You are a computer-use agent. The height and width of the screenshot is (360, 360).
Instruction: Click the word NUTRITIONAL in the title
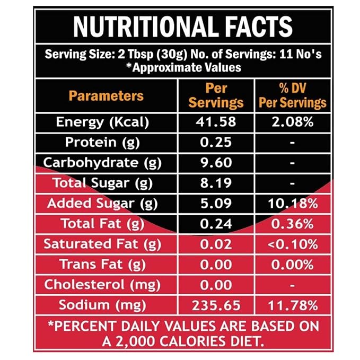[146, 27]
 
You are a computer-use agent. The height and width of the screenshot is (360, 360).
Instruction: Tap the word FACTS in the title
[258, 27]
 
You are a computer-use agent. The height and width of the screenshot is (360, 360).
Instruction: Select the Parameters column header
[106, 96]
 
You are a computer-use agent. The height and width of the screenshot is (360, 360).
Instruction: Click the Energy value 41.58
[216, 122]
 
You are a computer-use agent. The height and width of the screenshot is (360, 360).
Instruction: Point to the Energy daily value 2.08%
[293, 122]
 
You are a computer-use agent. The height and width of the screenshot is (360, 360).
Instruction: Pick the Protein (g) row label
[102, 142]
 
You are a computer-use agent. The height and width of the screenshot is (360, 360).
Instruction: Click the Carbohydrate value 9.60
[216, 163]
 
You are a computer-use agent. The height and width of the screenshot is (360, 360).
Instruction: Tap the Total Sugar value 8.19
[216, 183]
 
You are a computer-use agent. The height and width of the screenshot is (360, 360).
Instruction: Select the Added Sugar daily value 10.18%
[293, 204]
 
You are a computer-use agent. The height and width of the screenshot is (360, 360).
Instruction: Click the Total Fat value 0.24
[216, 224]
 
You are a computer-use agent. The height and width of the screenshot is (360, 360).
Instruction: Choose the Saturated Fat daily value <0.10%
[293, 244]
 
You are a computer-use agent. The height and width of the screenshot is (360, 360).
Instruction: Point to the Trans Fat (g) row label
[103, 265]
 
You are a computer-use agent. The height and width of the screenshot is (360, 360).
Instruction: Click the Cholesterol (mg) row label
[102, 285]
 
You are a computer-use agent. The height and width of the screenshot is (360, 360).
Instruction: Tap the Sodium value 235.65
[216, 305]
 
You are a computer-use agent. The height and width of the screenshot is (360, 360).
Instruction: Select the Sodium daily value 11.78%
[293, 305]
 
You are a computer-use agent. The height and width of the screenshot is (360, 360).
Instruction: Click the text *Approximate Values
[183, 67]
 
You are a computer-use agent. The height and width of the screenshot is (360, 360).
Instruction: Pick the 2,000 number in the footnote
[135, 341]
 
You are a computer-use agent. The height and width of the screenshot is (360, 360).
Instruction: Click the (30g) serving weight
[172, 55]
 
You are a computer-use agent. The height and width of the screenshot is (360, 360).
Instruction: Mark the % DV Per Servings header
[293, 95]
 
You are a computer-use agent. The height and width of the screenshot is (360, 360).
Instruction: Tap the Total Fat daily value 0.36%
[293, 224]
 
